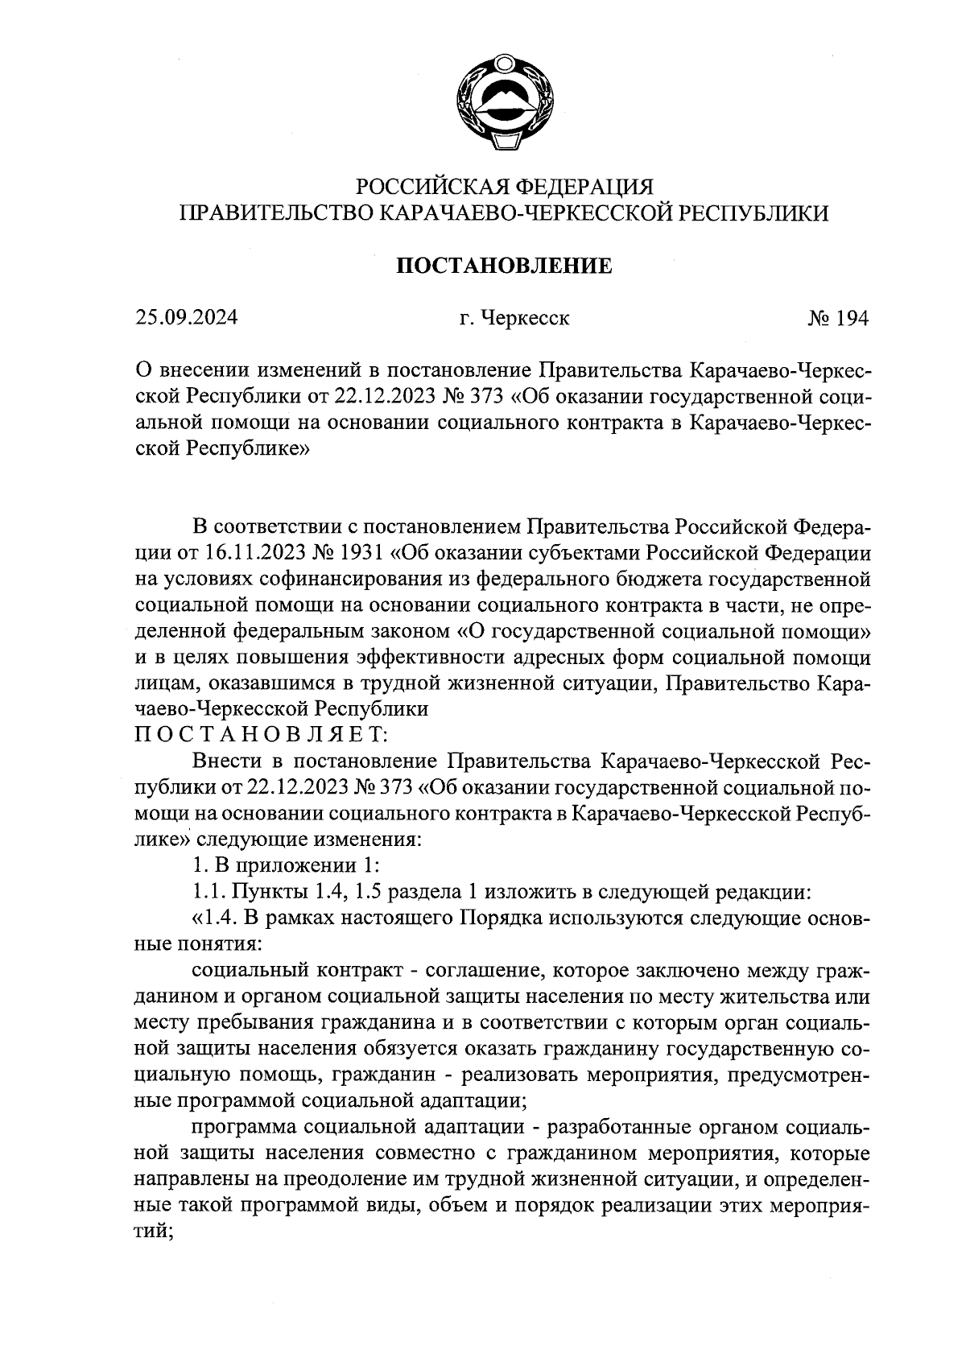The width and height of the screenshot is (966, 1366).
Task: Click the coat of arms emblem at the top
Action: tap(505, 102)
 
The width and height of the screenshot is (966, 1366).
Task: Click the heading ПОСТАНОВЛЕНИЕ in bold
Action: tap(504, 266)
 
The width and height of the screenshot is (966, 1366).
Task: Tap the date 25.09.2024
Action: tap(186, 318)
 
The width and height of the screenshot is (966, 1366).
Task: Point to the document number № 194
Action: tap(838, 319)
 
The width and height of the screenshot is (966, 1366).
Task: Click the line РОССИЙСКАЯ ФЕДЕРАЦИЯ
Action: tap(504, 187)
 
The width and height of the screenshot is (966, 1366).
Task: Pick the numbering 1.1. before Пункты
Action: tap(210, 892)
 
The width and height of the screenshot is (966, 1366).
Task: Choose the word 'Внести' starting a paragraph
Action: tap(226, 761)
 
